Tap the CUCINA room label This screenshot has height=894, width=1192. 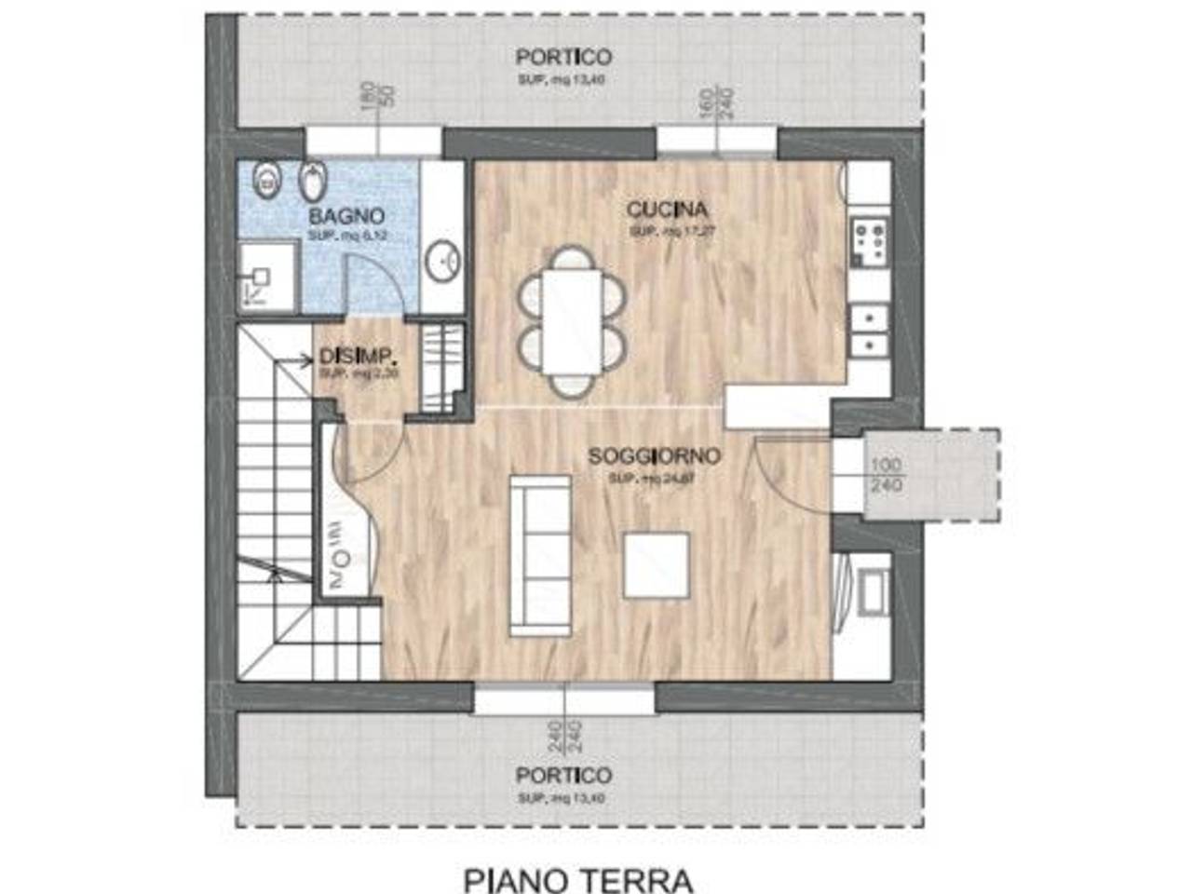click(667, 210)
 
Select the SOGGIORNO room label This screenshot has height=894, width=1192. click(654, 456)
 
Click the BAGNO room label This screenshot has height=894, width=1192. click(346, 217)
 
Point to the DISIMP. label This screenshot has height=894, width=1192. click(359, 356)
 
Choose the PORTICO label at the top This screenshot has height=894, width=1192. click(563, 58)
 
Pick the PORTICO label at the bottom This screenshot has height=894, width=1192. click(563, 775)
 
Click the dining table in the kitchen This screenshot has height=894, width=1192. click(572, 321)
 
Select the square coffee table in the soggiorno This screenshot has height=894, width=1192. click(657, 565)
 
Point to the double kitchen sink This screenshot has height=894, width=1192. click(870, 331)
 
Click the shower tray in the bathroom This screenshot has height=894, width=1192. click(266, 276)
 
